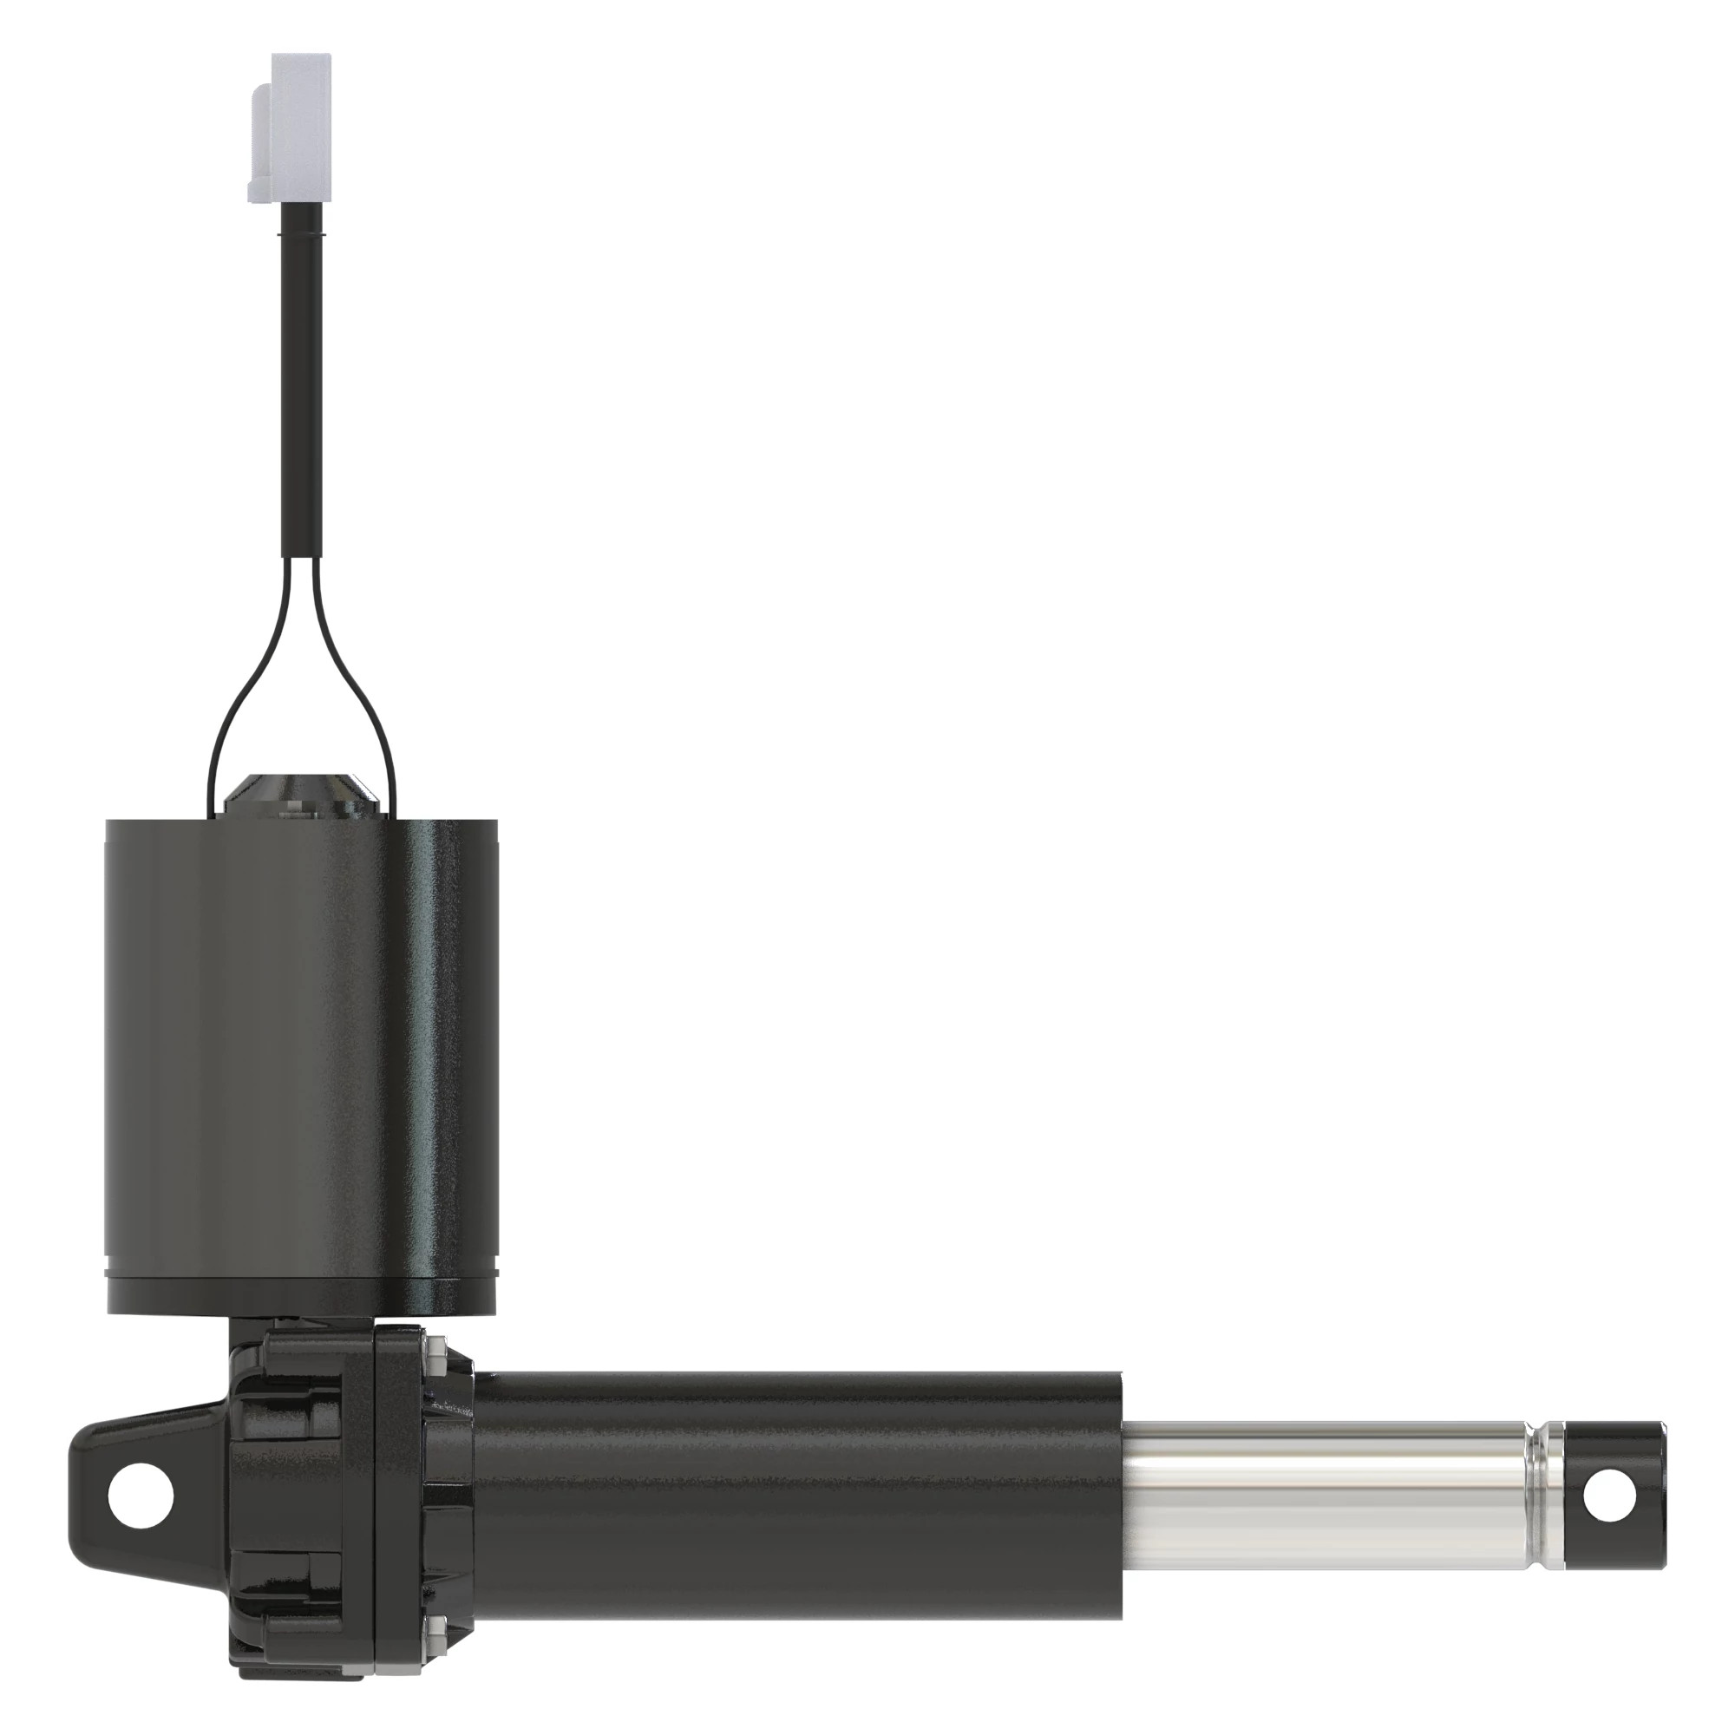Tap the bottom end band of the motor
click(x=302, y=1293)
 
